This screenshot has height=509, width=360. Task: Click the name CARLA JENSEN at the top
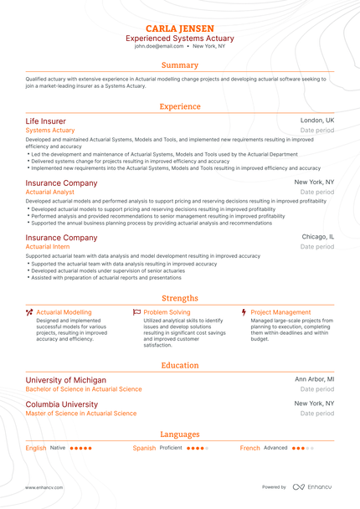(179, 28)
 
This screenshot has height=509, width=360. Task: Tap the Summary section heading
(180, 65)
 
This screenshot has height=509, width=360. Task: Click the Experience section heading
(180, 106)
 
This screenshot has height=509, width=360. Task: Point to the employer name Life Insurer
(45, 121)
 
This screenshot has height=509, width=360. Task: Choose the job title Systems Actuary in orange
(50, 131)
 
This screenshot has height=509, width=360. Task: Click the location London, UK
(317, 121)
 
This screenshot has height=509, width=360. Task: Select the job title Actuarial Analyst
(50, 192)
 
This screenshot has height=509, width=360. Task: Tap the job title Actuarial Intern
(48, 247)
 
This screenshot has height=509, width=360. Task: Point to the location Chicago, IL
(318, 238)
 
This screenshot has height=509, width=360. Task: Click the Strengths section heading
(180, 298)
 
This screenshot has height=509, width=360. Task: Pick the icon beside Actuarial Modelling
(29, 312)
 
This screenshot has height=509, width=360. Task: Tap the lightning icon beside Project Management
(244, 312)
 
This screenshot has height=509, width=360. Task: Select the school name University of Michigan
(66, 380)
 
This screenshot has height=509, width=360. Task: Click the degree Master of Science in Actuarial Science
(80, 413)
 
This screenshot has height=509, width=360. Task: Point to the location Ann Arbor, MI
(315, 380)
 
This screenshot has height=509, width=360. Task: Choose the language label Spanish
(144, 448)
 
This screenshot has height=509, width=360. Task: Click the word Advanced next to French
(275, 448)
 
